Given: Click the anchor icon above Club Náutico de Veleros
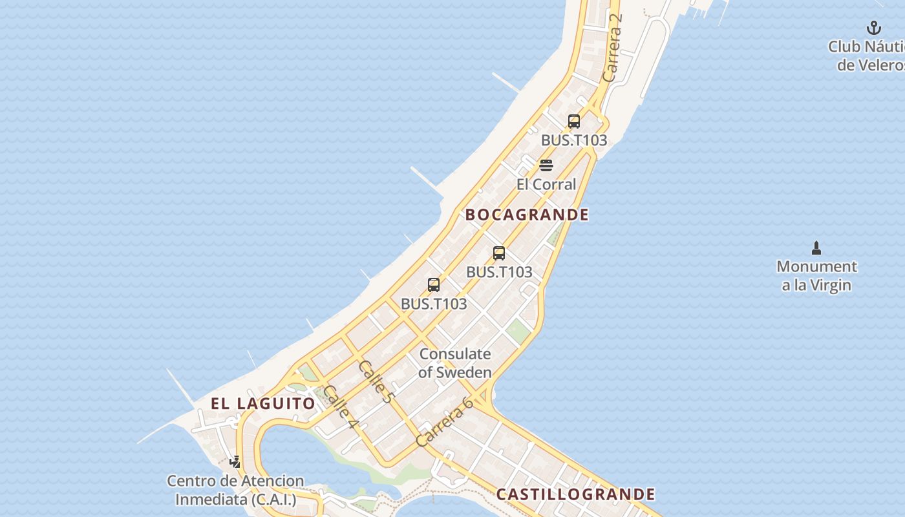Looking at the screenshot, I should (x=874, y=28).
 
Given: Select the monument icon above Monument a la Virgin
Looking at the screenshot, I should (x=816, y=248).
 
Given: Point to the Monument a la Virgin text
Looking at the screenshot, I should (x=816, y=276).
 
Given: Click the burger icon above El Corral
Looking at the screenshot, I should (x=546, y=165).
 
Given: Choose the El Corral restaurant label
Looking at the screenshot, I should (x=546, y=184).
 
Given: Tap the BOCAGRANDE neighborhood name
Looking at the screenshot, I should (x=527, y=215).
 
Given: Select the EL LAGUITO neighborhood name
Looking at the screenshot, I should (x=263, y=403).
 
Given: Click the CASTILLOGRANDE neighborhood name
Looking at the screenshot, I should (x=575, y=494).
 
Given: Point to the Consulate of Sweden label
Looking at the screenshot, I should (x=455, y=363).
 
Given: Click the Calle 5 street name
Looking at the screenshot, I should (x=376, y=383).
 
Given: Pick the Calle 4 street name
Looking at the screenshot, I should (x=341, y=407).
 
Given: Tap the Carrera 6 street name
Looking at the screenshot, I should (x=445, y=422).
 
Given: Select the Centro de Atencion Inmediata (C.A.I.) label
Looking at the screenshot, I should (x=235, y=490).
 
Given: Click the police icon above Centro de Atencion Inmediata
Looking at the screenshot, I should (x=235, y=462).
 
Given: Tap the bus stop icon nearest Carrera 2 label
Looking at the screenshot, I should (x=574, y=121).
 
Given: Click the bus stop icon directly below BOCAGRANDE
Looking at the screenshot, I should (x=499, y=253).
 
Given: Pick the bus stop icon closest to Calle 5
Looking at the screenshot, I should (x=434, y=284).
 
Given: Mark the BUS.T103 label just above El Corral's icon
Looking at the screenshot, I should (x=574, y=140).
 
